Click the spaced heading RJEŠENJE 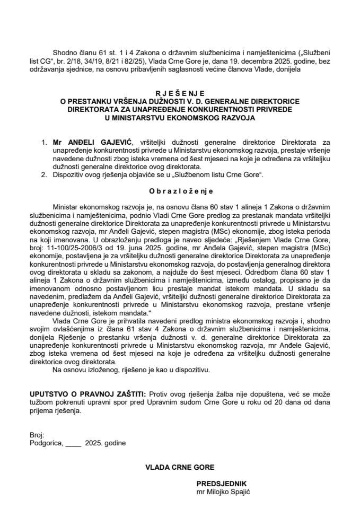pos(180,91)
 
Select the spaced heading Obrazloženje pos(180,189)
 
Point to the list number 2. pos(43,174)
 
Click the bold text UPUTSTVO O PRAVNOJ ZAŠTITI pos(88,394)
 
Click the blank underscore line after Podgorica pos(74,441)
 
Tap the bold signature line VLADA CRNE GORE pos(180,467)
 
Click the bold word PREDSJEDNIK pos(221,484)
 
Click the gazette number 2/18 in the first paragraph pos(68,62)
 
